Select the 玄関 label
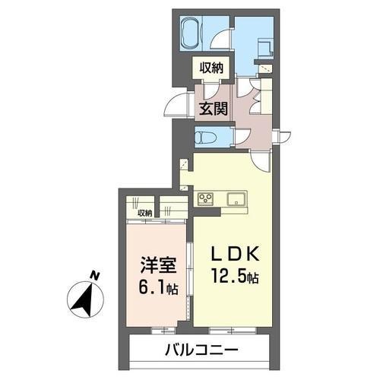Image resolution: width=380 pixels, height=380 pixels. pos(212,107)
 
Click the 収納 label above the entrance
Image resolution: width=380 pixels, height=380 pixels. pos(212,69)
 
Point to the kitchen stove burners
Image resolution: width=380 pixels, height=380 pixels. pos(206,199)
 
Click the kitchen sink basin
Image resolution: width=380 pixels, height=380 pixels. pos(235,200)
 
